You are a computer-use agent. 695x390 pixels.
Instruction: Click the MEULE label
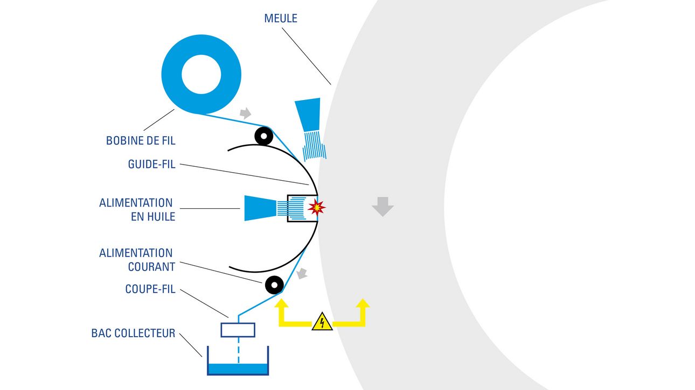click(281, 18)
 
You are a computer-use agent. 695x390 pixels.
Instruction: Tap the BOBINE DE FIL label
click(141, 141)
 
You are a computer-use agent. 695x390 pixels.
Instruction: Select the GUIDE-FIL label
click(151, 165)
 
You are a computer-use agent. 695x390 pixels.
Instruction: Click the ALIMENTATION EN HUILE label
click(136, 210)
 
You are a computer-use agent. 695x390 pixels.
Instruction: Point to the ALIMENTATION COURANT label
click(136, 259)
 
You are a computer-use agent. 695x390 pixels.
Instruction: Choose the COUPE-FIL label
click(150, 289)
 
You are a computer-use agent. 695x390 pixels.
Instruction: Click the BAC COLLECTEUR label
click(133, 334)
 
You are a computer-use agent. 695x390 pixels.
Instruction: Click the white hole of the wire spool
click(201, 74)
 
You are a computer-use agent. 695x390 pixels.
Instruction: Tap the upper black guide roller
click(264, 136)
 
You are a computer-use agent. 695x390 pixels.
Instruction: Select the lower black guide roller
click(274, 283)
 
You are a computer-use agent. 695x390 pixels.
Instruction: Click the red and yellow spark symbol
click(316, 208)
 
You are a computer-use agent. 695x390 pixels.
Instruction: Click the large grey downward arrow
click(383, 207)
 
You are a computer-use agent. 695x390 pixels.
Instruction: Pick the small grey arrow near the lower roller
click(303, 273)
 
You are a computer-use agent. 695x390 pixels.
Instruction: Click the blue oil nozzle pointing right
click(260, 208)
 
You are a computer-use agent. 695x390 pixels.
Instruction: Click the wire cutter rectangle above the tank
click(238, 330)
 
